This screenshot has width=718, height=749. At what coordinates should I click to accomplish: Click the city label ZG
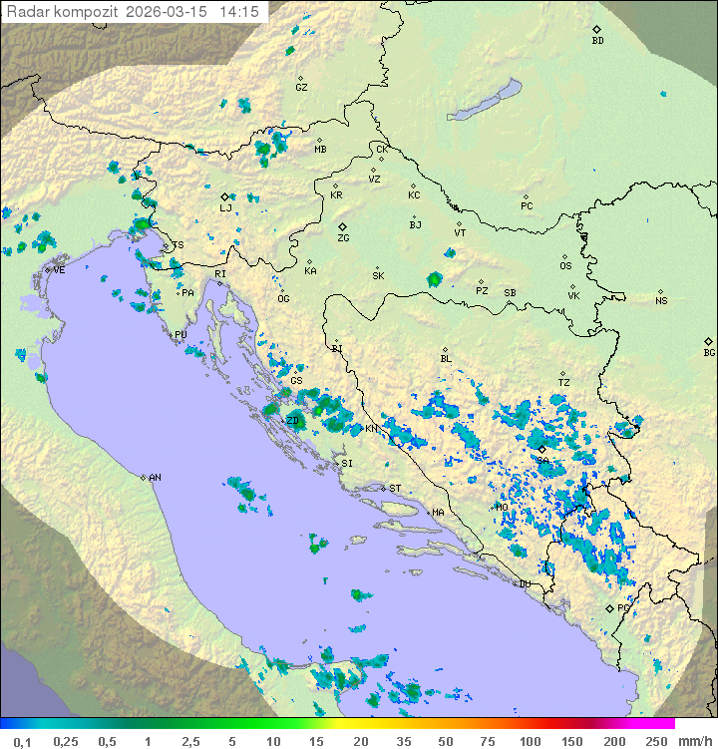(343, 238)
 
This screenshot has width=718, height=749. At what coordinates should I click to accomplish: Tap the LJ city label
(225, 208)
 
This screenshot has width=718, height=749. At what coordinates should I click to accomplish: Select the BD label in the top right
(597, 41)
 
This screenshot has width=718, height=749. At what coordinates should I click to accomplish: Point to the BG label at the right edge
(709, 352)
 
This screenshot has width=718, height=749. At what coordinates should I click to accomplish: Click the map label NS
(660, 301)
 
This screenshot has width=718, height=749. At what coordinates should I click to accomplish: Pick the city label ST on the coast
(395, 489)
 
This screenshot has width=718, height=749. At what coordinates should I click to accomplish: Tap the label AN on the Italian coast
(155, 478)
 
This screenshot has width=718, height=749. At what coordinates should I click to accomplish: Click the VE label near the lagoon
(59, 270)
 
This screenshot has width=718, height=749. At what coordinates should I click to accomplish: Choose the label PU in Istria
(180, 336)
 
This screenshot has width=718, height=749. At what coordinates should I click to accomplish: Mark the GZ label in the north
(301, 88)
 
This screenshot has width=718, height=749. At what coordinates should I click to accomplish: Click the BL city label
(446, 359)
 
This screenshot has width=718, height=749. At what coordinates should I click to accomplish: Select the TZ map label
(563, 383)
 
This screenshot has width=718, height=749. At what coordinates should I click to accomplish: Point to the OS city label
(565, 266)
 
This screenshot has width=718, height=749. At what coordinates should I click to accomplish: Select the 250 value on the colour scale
(655, 741)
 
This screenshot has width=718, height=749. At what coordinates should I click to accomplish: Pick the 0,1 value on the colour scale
(22, 741)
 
